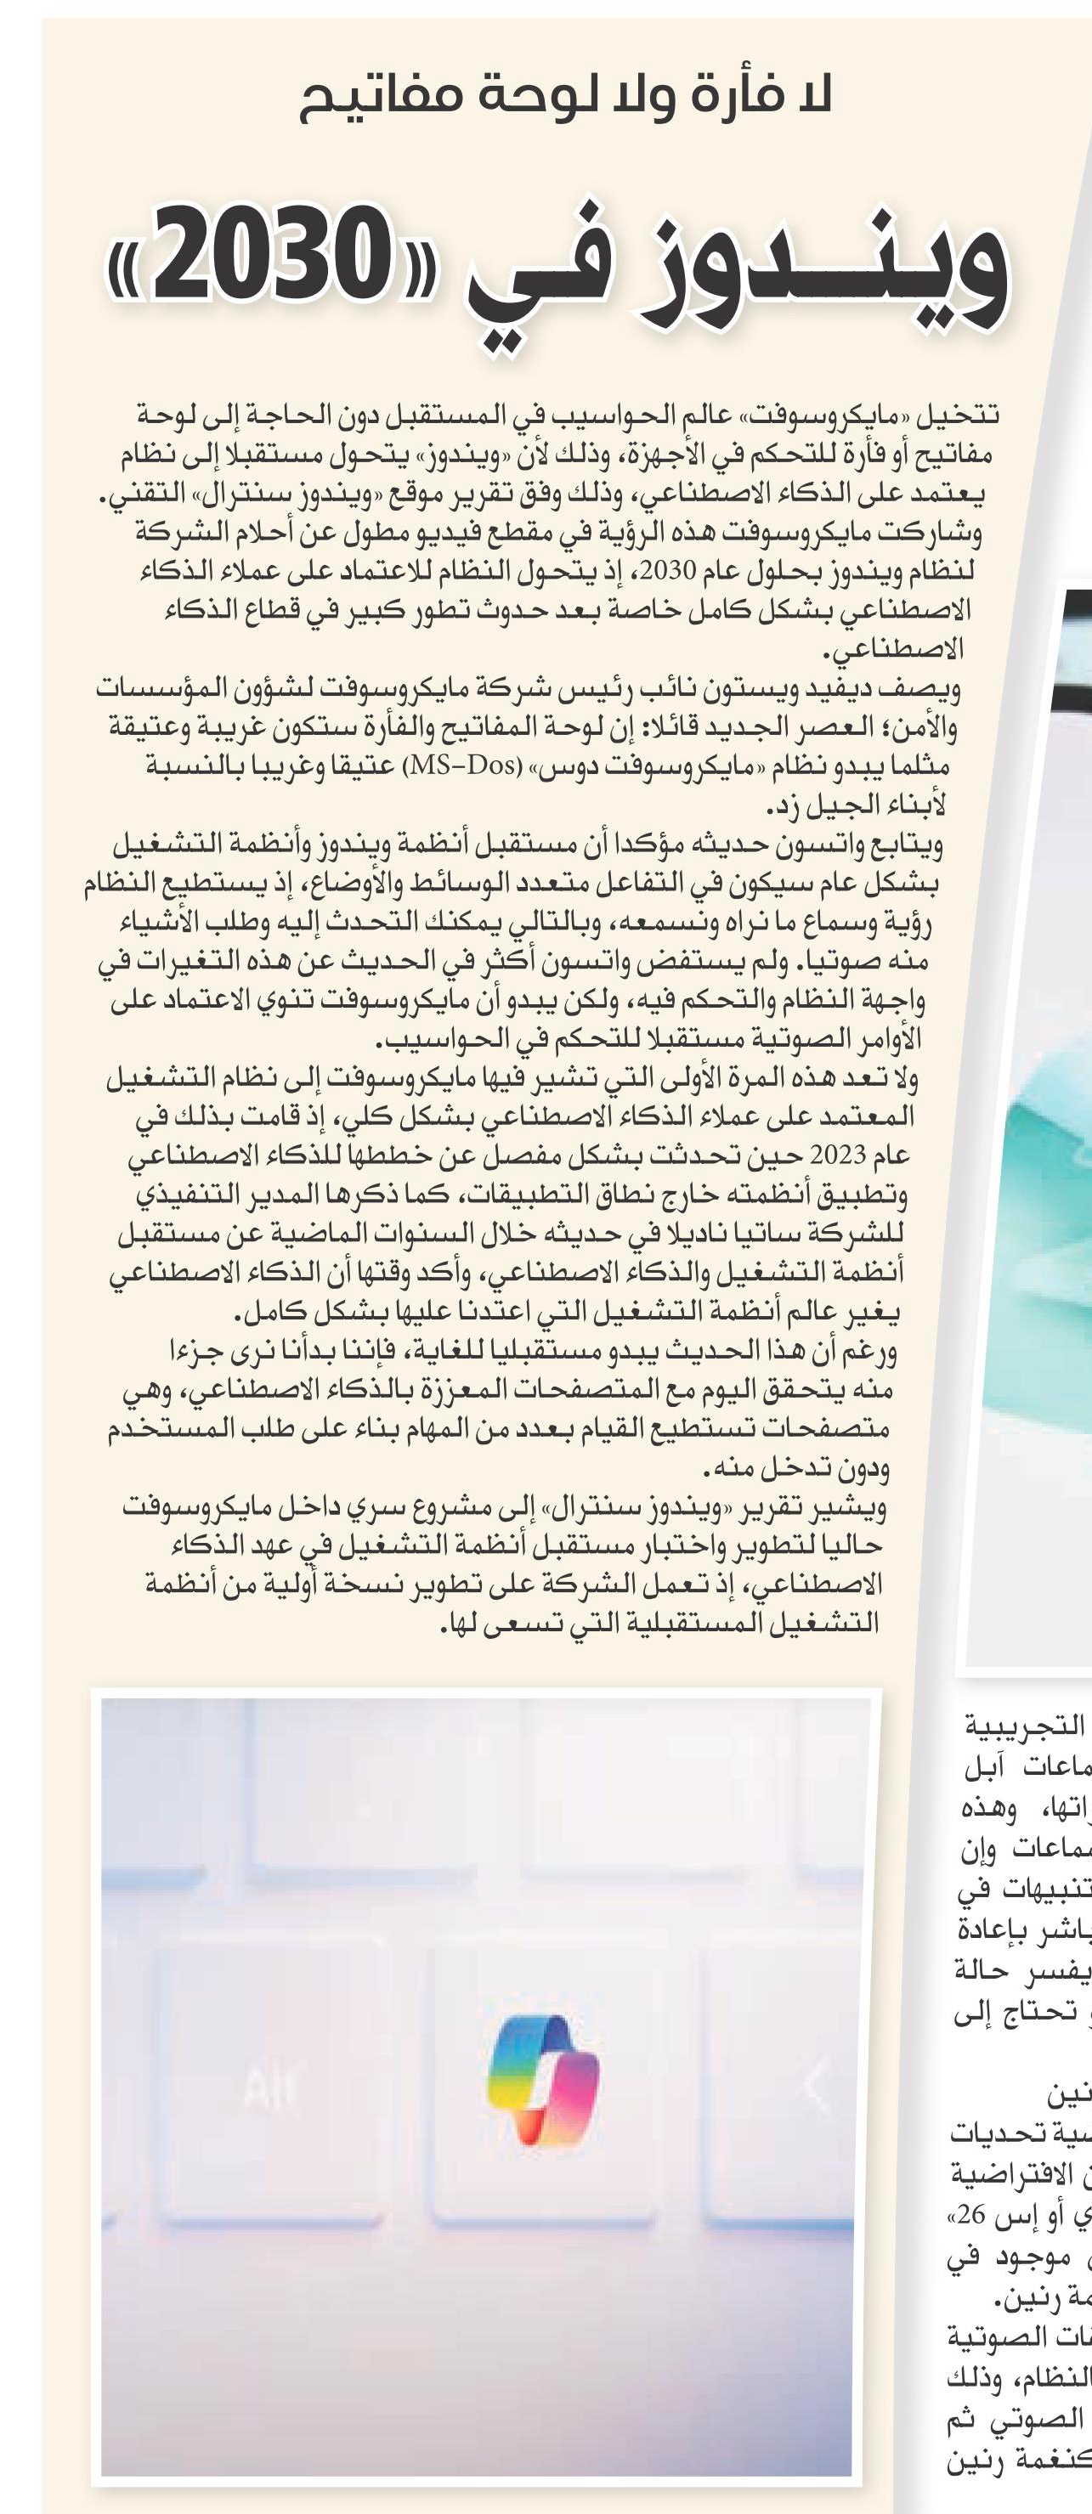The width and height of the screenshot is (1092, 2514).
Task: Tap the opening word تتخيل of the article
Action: [x=962, y=415]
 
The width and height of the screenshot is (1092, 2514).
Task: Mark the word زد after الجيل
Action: [x=784, y=807]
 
